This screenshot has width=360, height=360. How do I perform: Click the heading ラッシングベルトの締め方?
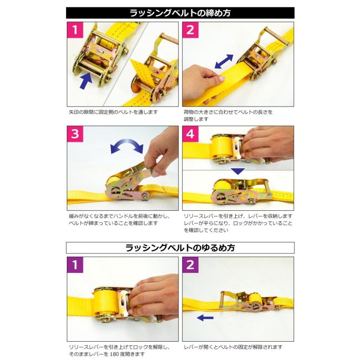pos(180,13)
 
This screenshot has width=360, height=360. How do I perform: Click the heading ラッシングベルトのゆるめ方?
pos(180,248)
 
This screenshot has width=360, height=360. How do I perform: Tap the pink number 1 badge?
pos(75,30)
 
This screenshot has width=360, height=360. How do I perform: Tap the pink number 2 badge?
pos(190,30)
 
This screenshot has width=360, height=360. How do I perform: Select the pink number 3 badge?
pos(75,134)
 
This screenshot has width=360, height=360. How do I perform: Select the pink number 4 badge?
pos(190,134)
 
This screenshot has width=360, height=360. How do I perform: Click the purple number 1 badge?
pos(75,265)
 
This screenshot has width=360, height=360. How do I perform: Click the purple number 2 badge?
pos(190,265)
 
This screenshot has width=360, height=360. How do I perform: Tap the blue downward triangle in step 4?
pos(238,171)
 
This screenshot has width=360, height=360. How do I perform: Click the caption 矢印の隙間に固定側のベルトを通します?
pos(113,112)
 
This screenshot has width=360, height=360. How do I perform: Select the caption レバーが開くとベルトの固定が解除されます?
pos(233,347)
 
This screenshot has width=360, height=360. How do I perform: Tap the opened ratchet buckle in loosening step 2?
pos(248,303)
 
